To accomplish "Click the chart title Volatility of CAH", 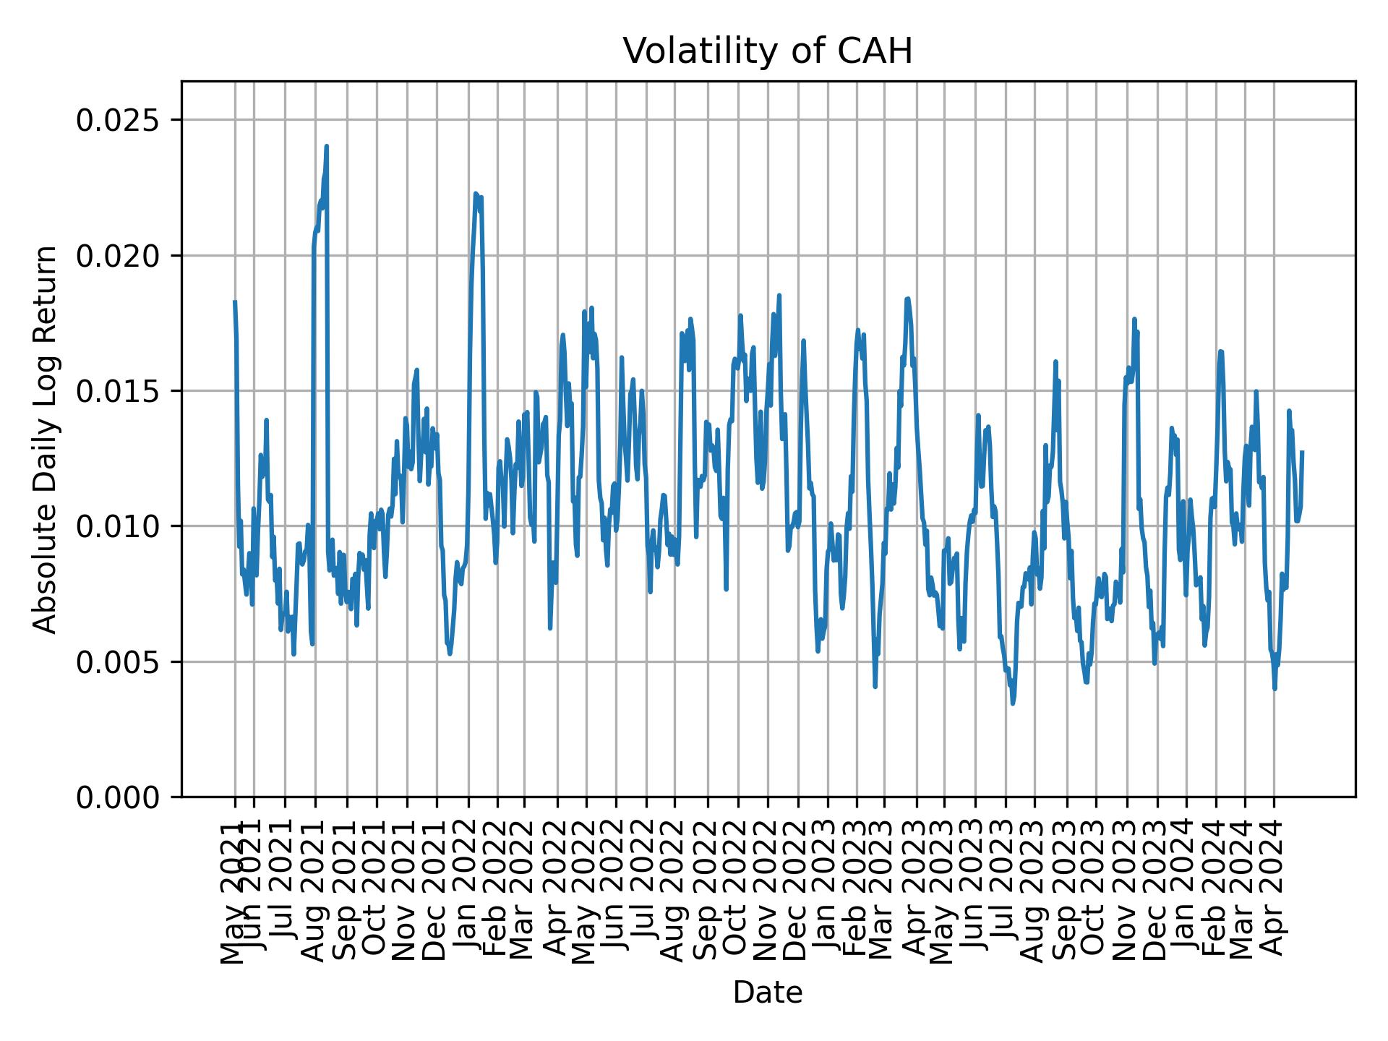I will (x=768, y=51).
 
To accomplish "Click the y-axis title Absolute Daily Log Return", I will (x=46, y=439).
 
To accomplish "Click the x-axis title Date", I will (x=768, y=993).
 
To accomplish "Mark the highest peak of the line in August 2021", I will (x=327, y=146).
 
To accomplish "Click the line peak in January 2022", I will (x=475, y=193).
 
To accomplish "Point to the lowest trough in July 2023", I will (x=1013, y=703).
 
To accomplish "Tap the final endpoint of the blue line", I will (x=1302, y=452).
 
